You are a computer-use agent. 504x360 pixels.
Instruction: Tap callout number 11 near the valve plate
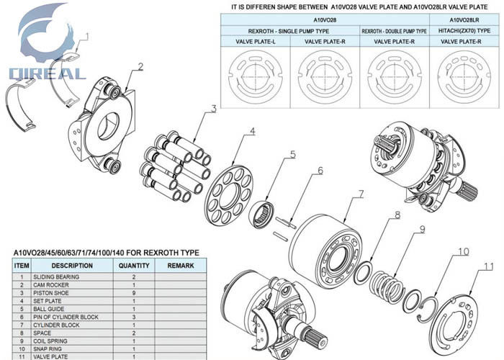[489, 266]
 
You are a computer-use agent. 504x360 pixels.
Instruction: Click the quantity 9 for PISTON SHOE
[133, 294]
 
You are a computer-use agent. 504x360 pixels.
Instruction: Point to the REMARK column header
[180, 266]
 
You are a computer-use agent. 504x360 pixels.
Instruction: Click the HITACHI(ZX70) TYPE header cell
[464, 31]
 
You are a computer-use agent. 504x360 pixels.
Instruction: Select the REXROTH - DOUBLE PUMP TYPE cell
[394, 31]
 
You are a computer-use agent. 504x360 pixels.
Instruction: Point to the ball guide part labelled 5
[262, 214]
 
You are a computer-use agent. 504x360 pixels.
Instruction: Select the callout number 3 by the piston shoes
[214, 109]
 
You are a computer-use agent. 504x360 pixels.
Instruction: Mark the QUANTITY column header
[133, 266]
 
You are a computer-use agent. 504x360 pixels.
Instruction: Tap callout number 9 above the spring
[423, 230]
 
